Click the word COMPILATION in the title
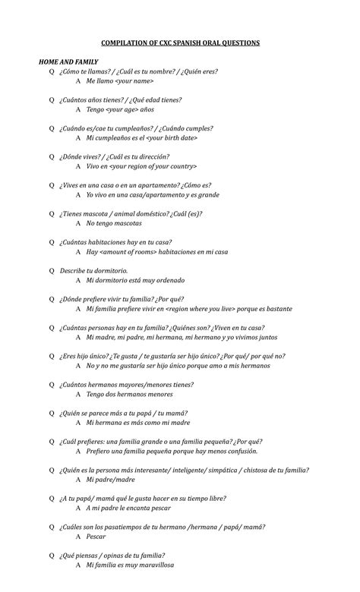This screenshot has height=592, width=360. [122, 43]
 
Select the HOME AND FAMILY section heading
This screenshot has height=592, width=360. [68, 61]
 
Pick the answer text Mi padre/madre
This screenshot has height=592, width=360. [110, 480]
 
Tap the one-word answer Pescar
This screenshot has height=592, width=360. [96, 537]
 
